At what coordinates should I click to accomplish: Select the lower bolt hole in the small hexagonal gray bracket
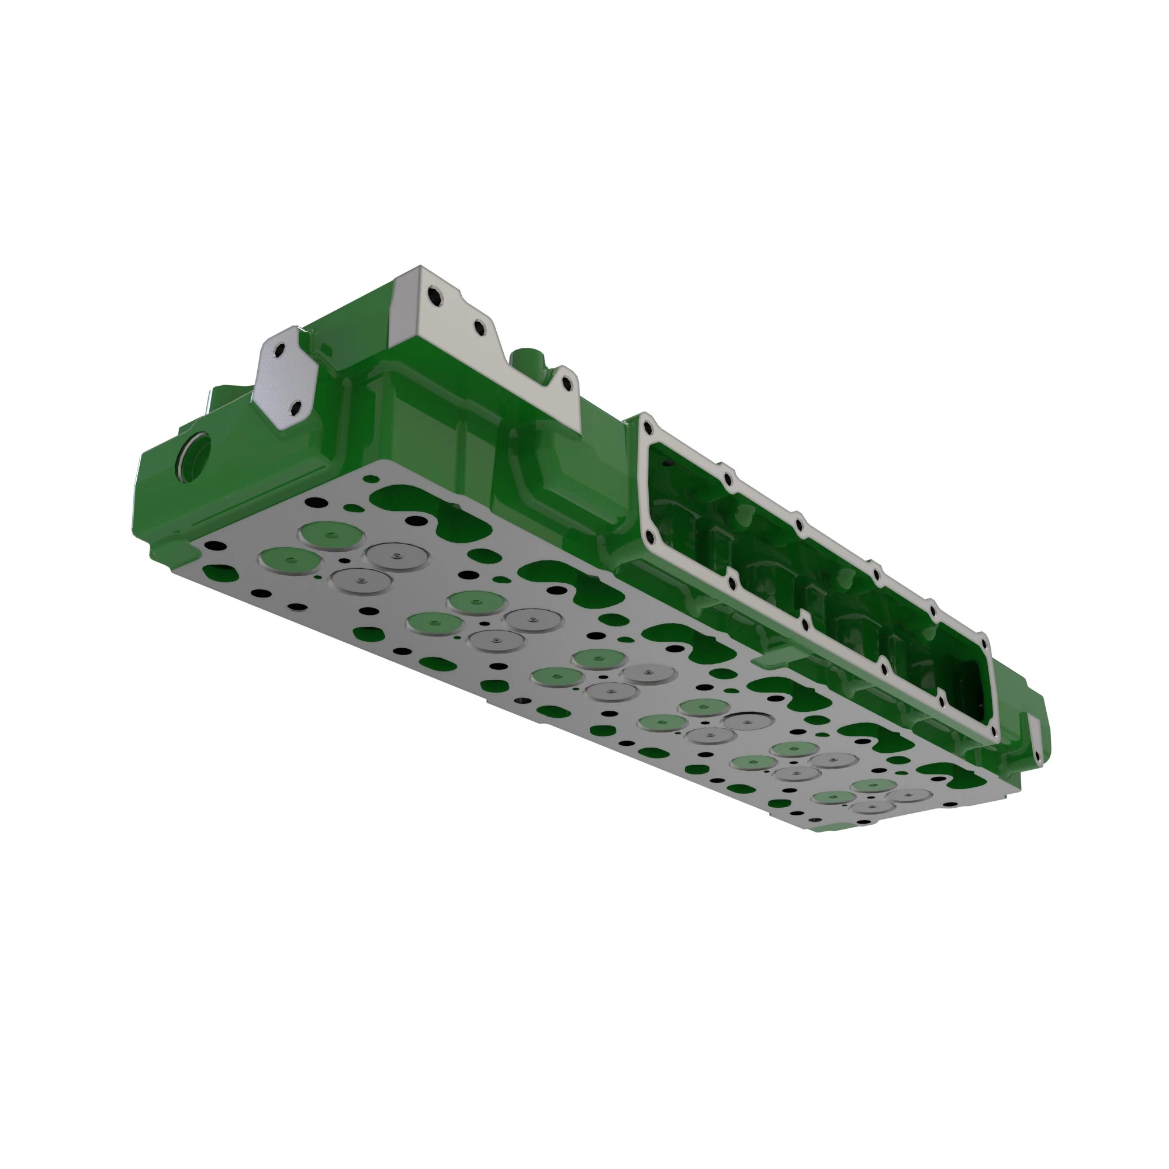point(296,410)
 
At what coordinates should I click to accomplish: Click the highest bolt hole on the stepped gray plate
point(433,296)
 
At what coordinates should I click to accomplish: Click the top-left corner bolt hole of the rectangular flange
point(648,428)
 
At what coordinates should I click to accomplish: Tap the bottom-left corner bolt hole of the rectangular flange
point(649,536)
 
